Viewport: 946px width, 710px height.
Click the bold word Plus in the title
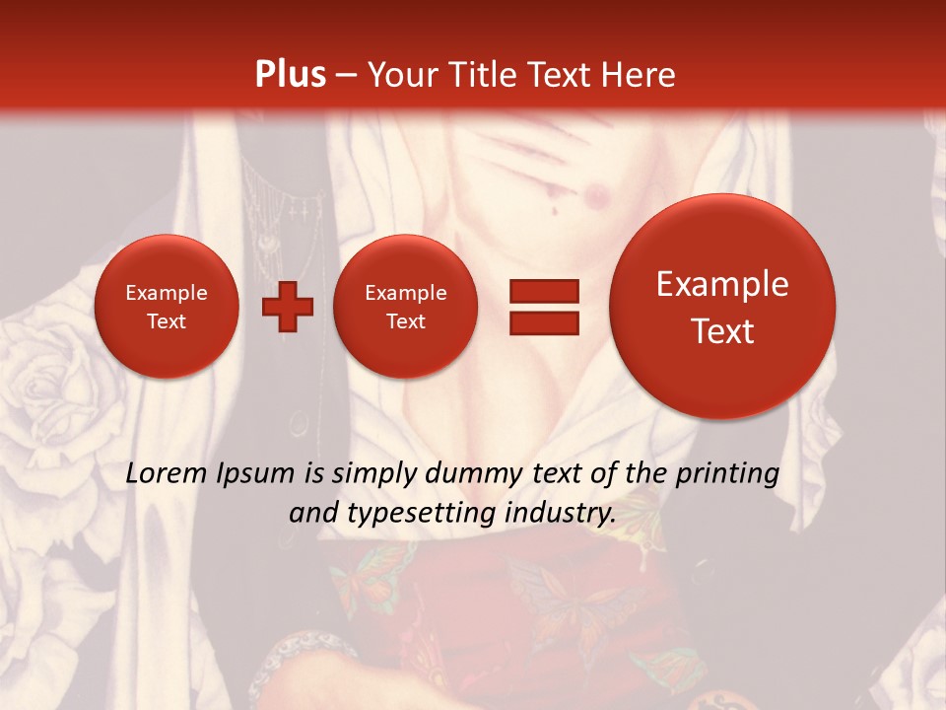[290, 75]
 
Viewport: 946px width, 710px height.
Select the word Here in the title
[641, 75]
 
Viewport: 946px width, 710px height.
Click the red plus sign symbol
[288, 307]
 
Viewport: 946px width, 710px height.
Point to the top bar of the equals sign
[544, 291]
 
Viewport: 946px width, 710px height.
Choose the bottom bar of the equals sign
[544, 322]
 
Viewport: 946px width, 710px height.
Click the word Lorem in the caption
[168, 473]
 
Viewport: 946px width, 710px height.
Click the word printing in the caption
[727, 473]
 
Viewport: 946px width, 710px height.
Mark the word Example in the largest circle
[722, 284]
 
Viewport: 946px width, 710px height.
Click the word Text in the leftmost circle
[167, 321]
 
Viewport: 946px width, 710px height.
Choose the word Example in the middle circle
[406, 293]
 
